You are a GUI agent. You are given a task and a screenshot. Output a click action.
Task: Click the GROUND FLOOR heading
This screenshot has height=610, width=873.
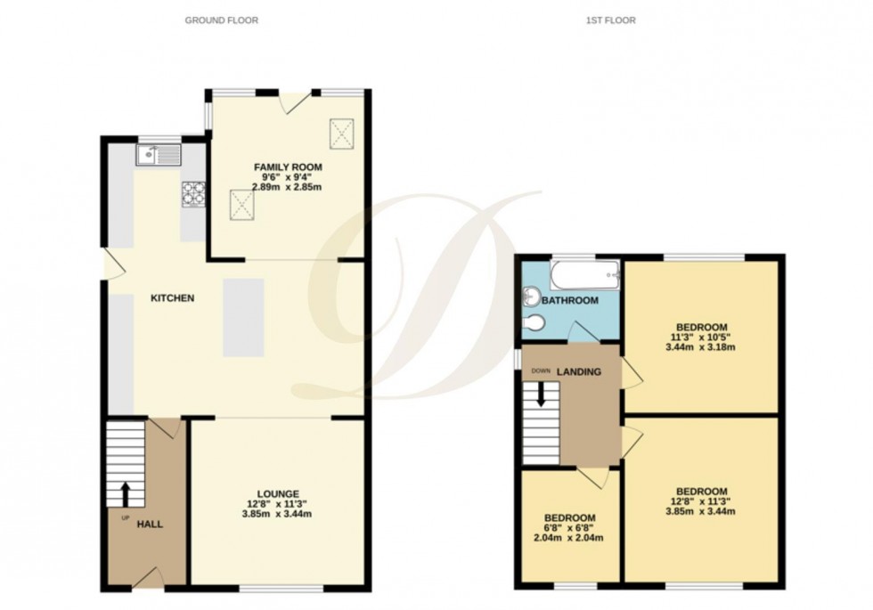(221, 20)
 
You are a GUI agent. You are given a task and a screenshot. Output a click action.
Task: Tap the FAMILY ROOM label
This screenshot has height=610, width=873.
(288, 167)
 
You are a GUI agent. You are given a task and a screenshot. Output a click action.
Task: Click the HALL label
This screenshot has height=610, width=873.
(150, 525)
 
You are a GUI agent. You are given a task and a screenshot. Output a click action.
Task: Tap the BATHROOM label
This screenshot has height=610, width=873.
(570, 301)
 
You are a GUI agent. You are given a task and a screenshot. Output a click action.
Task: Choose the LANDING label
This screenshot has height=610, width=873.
(579, 371)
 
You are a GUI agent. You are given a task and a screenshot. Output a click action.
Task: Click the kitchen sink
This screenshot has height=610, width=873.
(159, 156)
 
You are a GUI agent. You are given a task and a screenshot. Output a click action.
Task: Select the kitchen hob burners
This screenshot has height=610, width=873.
(192, 193)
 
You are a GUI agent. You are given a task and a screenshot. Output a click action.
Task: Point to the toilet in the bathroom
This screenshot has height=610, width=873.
(534, 323)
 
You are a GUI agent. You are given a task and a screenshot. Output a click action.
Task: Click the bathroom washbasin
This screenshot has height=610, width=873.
(531, 296)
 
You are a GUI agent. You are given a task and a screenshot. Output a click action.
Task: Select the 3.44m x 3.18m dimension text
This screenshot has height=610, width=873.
(701, 348)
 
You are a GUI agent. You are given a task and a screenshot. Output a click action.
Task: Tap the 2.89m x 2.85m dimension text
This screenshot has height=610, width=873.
(288, 187)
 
